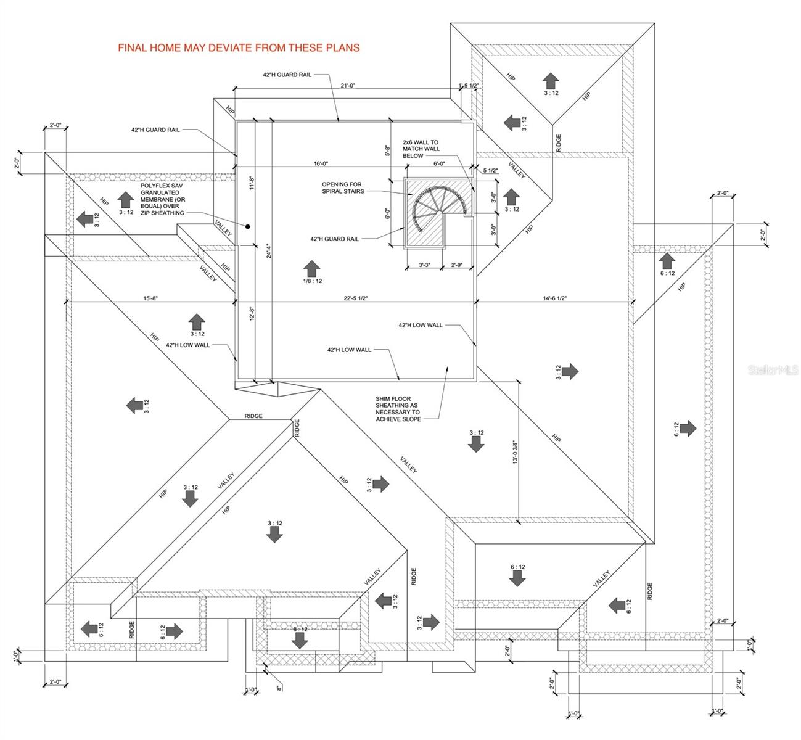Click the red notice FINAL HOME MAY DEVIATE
tap(239, 47)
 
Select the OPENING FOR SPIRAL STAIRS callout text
tap(342, 187)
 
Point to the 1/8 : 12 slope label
tap(312, 281)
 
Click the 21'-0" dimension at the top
tap(348, 86)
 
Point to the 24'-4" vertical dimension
tap(269, 253)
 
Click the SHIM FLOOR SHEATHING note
tap(398, 409)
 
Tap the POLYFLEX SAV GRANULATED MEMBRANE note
tap(162, 199)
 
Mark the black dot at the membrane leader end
tap(247, 226)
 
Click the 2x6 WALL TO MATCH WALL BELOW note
tap(421, 149)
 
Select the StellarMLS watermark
tap(773, 370)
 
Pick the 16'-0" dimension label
tap(320, 163)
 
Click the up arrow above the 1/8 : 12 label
tap(312, 268)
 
